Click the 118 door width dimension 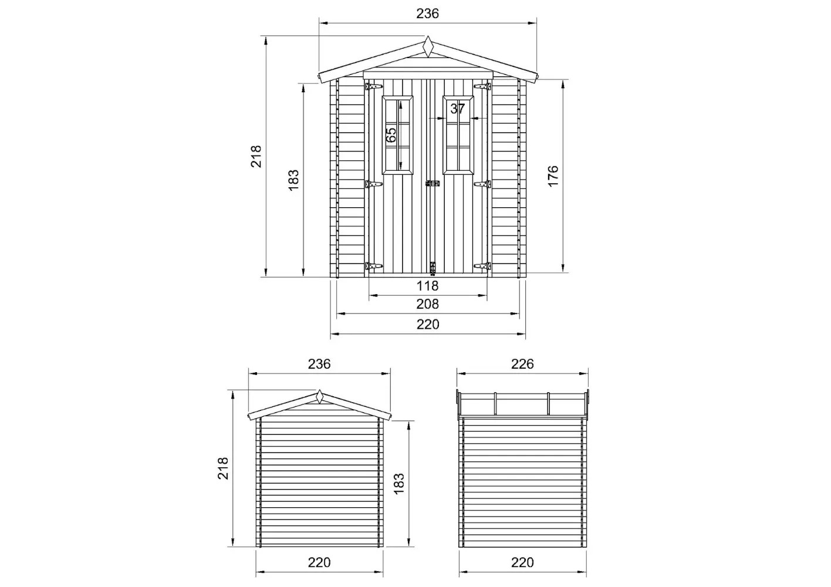point(427,286)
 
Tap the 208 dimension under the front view point(427,304)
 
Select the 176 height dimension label point(553,176)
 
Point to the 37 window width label point(457,109)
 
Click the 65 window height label point(391,135)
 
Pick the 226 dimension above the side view point(522,364)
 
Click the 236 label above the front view point(427,14)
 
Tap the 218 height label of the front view point(256,156)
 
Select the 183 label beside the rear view point(398,484)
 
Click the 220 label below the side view point(522,562)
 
